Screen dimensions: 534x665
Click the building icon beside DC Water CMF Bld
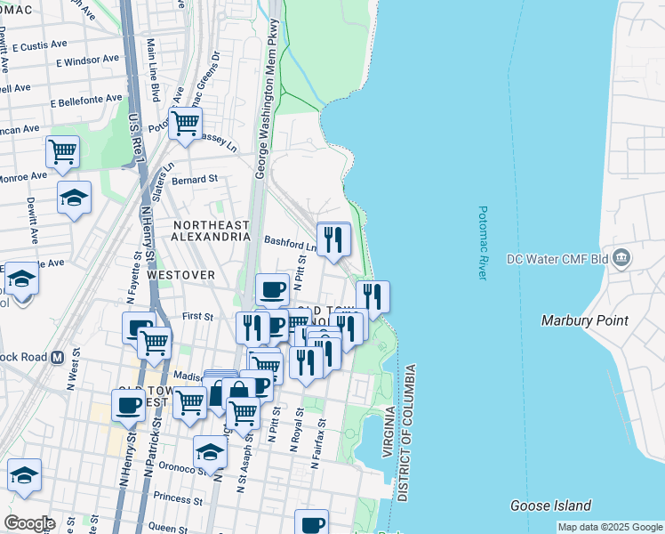pyautogui.click(x=621, y=259)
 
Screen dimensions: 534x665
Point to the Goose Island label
pyautogui.click(x=551, y=506)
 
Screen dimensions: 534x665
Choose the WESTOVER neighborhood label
pyautogui.click(x=181, y=275)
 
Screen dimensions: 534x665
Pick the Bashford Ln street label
pyautogui.click(x=291, y=242)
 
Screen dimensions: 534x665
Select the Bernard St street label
pyautogui.click(x=195, y=179)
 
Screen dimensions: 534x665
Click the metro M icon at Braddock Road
pyautogui.click(x=57, y=357)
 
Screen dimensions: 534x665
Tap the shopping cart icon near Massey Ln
pyautogui.click(x=185, y=124)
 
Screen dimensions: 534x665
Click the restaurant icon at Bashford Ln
pyautogui.click(x=333, y=239)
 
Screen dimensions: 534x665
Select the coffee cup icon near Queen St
pyautogui.click(x=312, y=524)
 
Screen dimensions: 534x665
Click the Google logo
pyautogui.click(x=28, y=523)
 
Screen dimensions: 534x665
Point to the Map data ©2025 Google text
pyautogui.click(x=609, y=527)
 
